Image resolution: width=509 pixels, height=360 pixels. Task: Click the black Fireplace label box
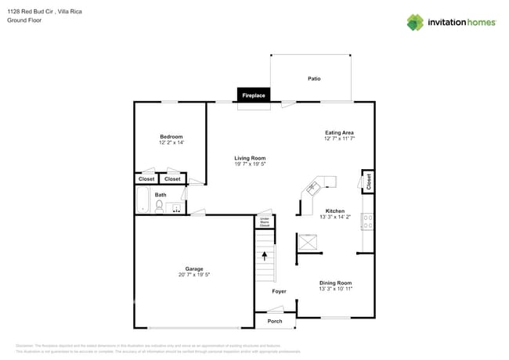pyautogui.click(x=253, y=95)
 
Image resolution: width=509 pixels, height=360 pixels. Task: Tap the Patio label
pyautogui.click(x=314, y=78)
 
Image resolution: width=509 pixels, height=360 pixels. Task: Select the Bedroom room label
pyautogui.click(x=171, y=137)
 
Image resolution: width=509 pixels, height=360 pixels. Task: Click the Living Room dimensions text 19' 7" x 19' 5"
pyautogui.click(x=250, y=164)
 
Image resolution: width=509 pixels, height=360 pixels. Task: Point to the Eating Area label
pyautogui.click(x=339, y=133)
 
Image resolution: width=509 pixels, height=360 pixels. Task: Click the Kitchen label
pyautogui.click(x=334, y=211)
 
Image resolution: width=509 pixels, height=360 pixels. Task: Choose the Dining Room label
pyautogui.click(x=335, y=283)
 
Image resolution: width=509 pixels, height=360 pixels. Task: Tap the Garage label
pyautogui.click(x=193, y=268)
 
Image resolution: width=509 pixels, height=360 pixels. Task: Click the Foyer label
pyautogui.click(x=279, y=291)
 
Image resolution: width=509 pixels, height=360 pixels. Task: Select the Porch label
pyautogui.click(x=275, y=321)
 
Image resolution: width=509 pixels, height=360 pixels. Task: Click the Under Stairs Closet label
pyautogui.click(x=265, y=221)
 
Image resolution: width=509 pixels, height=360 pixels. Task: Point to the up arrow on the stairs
pyautogui.click(x=265, y=255)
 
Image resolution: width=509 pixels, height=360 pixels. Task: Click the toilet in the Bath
pyautogui.click(x=159, y=207)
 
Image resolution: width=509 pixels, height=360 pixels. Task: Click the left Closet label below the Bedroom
pyautogui.click(x=146, y=179)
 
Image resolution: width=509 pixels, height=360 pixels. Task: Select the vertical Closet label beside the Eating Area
pyautogui.click(x=368, y=181)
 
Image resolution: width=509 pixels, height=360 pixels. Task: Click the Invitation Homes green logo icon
pyautogui.click(x=415, y=23)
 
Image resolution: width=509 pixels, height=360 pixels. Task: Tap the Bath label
pyautogui.click(x=160, y=195)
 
